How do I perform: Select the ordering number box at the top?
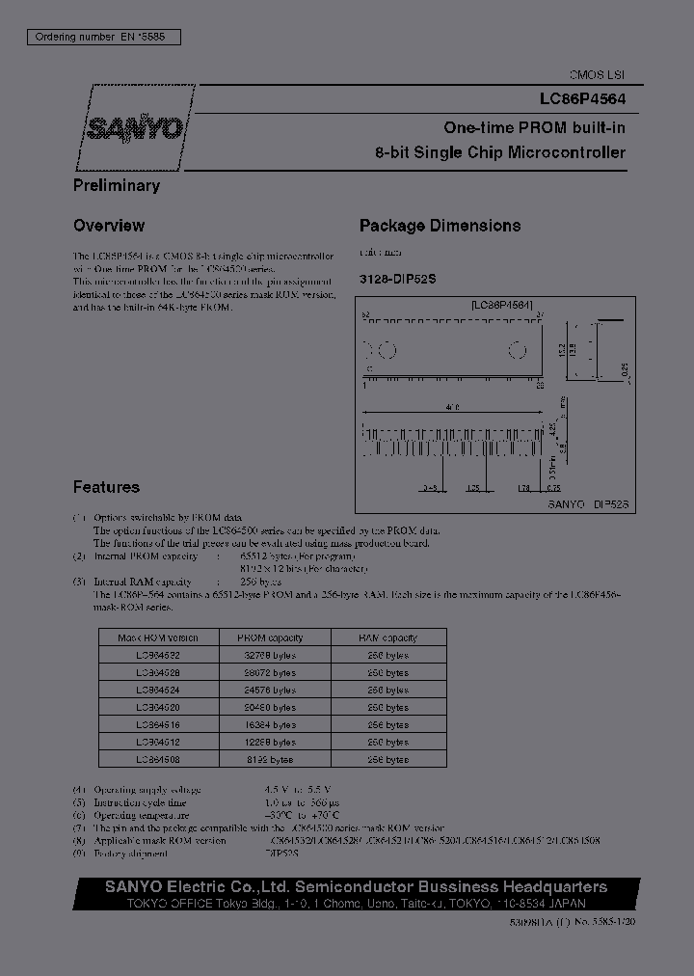tap(100, 37)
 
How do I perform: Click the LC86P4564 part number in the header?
tap(581, 98)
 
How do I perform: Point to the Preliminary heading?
tap(117, 185)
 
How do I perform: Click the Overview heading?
tap(109, 226)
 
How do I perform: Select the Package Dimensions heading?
tap(440, 226)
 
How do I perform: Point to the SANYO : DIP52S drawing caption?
tap(588, 503)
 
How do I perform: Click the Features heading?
tap(106, 487)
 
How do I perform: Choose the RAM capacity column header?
tap(387, 637)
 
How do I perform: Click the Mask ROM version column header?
tap(157, 637)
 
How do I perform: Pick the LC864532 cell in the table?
tap(157, 655)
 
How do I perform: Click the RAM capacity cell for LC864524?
tap(387, 690)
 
